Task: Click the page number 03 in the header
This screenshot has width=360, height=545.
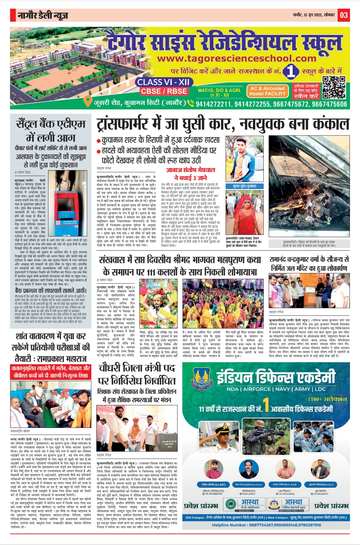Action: (x=344, y=15)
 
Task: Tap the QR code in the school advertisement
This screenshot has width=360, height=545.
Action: (x=334, y=87)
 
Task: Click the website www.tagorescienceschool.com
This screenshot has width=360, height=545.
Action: (x=237, y=59)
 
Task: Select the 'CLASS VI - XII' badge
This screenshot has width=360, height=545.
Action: (x=163, y=82)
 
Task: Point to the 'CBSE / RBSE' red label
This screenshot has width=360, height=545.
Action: (x=164, y=91)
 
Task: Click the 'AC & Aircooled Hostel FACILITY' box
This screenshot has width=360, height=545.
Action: (x=268, y=91)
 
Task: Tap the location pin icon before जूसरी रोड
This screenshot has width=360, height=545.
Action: (x=88, y=100)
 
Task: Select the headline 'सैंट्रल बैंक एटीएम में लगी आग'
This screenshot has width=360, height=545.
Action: (x=51, y=130)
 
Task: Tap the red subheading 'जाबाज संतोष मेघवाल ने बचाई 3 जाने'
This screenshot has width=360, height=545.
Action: (x=191, y=174)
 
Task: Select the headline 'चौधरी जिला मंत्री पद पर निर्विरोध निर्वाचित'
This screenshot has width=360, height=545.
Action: (x=137, y=375)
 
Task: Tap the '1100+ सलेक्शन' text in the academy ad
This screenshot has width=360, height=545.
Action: (x=327, y=399)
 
